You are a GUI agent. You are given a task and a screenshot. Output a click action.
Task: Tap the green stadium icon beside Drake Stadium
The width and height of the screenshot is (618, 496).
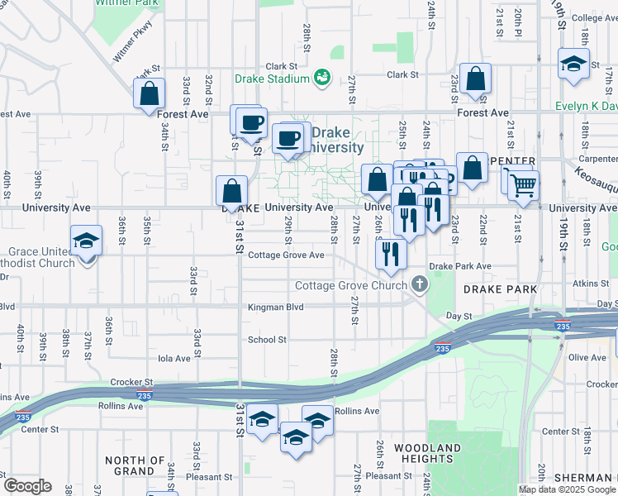click(321, 79)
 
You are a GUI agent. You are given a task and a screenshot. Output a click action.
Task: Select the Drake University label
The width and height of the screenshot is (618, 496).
click(338, 141)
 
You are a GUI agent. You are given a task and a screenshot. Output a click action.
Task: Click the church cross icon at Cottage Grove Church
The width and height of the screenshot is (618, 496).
click(420, 286)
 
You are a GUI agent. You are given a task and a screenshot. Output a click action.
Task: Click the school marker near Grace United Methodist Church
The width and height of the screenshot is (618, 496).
click(86, 241)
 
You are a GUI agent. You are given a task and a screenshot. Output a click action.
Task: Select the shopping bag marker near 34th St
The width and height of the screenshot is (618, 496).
click(150, 94)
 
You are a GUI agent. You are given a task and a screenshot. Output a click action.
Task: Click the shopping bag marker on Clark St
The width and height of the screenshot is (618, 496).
click(476, 79)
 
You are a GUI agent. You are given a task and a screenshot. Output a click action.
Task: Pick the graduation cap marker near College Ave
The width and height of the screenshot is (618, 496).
click(573, 64)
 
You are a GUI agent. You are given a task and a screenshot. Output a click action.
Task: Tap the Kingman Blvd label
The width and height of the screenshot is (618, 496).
click(276, 308)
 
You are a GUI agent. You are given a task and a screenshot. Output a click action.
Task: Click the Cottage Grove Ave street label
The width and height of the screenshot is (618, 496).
click(286, 255)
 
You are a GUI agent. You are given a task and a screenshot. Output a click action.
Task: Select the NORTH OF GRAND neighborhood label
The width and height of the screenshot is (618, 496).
click(135, 465)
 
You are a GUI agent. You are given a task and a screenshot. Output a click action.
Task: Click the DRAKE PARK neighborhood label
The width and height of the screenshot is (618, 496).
click(501, 289)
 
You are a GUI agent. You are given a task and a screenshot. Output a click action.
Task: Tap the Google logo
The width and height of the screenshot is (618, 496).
click(27, 485)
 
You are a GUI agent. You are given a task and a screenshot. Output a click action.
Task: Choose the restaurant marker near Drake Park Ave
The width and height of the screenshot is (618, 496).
click(391, 255)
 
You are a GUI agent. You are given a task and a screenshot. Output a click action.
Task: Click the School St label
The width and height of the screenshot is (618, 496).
click(267, 340)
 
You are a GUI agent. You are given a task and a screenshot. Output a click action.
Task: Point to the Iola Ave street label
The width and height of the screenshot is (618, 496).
click(174, 359)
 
